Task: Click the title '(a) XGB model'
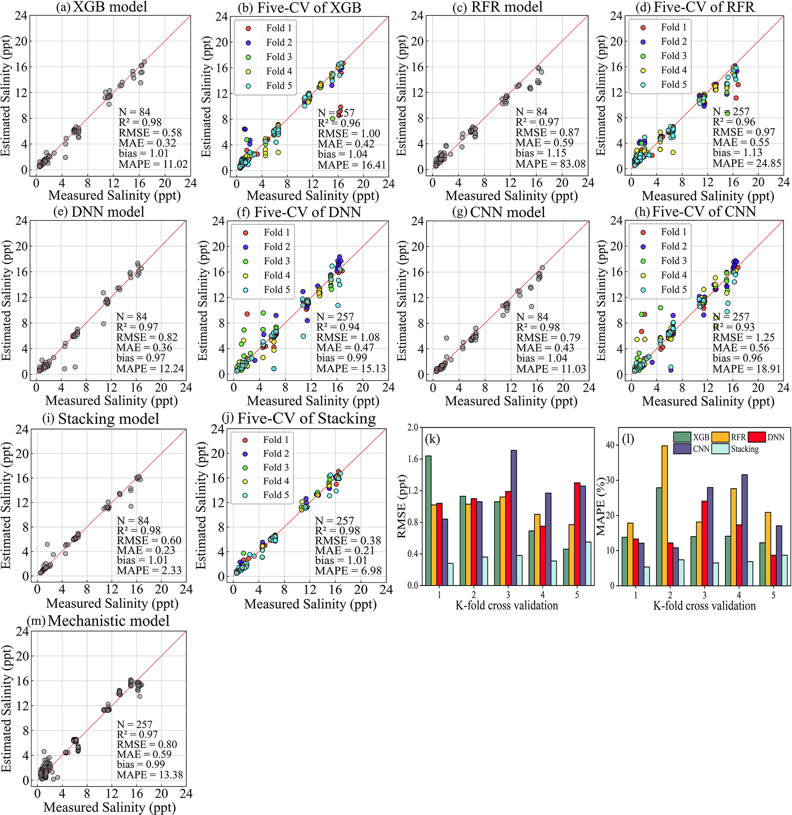(102, 7)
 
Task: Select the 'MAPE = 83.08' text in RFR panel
(550, 164)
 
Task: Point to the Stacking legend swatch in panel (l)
(720, 449)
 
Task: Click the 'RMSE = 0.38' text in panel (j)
(348, 541)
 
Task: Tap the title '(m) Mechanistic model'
(98, 621)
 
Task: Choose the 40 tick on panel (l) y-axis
(610, 445)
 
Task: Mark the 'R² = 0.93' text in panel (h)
(733, 327)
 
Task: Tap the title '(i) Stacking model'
(101, 418)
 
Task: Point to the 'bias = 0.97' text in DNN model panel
(141, 358)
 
